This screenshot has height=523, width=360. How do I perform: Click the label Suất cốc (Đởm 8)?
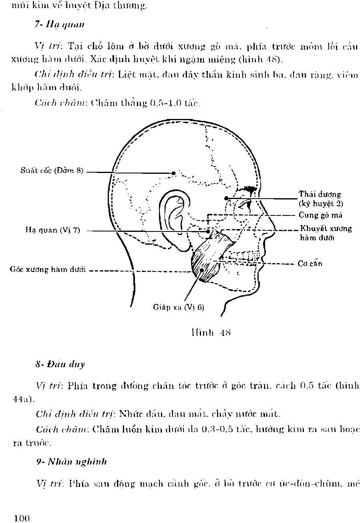[52, 171]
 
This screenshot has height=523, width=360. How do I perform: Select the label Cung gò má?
[320, 215]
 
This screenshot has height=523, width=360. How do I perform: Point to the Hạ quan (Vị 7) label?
[53, 230]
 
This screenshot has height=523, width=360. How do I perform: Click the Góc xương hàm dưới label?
[48, 270]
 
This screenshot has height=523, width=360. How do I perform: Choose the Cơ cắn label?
[310, 264]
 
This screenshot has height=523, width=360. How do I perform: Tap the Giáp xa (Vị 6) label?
[179, 307]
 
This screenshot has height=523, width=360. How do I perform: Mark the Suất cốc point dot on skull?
[173, 173]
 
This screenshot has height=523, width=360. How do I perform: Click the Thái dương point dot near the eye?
[226, 198]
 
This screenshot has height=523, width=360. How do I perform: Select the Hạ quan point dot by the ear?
[208, 231]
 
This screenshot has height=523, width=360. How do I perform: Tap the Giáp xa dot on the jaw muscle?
[202, 270]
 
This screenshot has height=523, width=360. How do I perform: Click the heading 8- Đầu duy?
[60, 364]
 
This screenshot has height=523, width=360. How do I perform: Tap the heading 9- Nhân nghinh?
[71, 461]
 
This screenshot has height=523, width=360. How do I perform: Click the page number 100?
[22, 519]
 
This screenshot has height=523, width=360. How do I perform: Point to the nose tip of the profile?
[274, 231]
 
